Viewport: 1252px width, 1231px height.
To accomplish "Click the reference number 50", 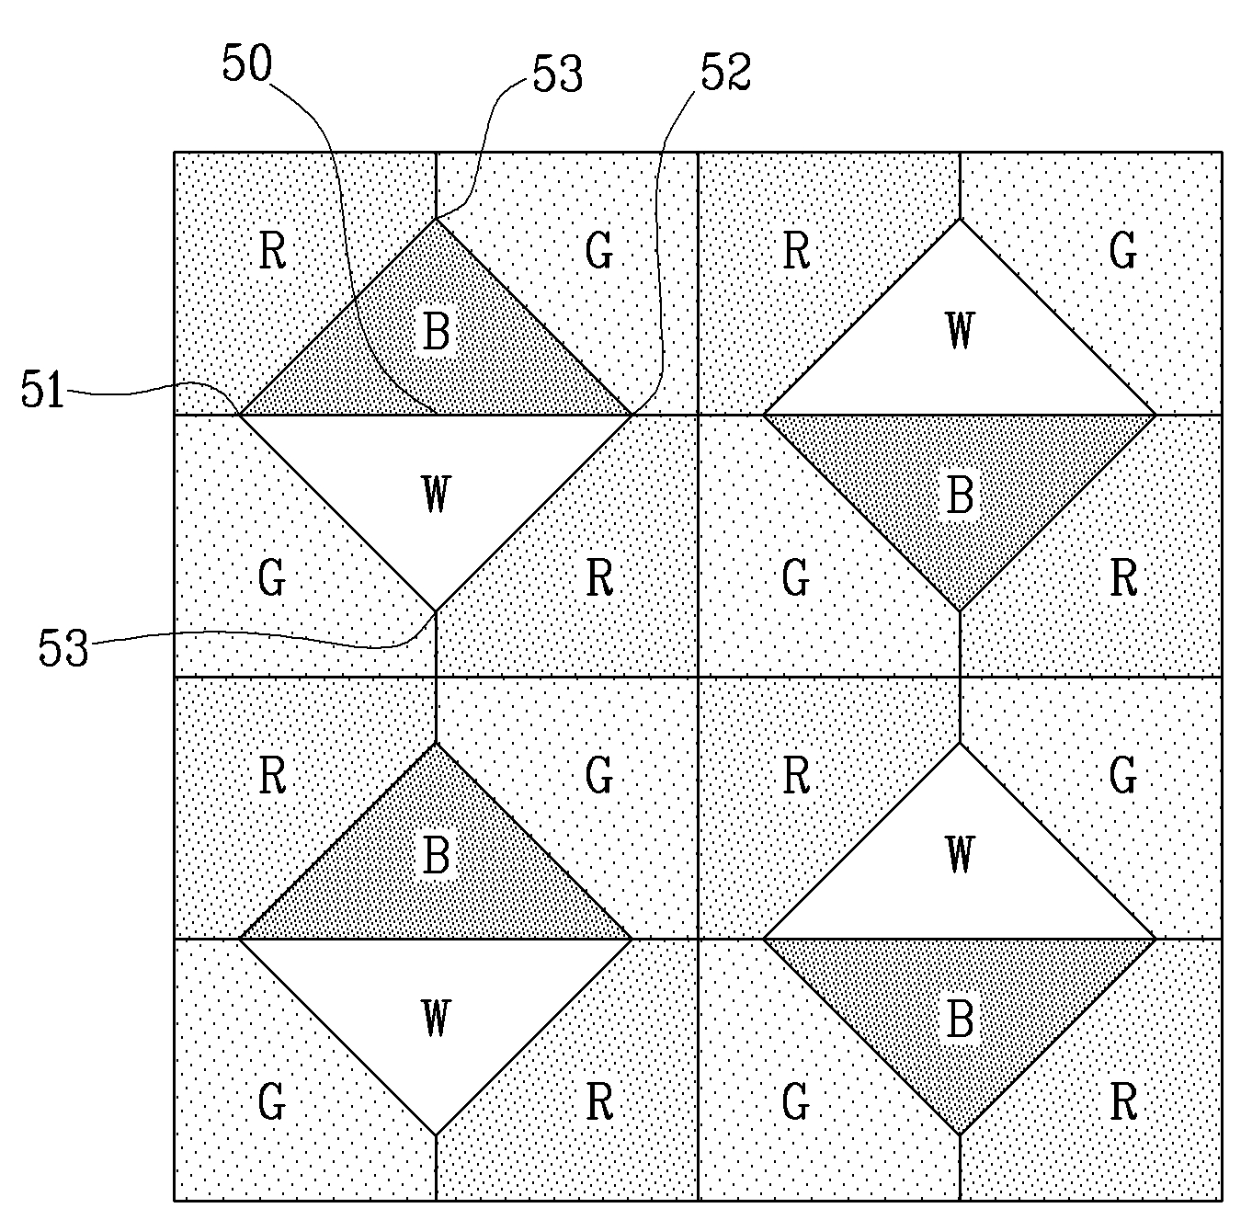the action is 247,63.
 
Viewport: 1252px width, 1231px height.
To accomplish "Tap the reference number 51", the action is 43,389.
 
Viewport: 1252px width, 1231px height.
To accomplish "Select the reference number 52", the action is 725,72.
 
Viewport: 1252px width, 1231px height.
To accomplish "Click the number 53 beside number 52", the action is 557,74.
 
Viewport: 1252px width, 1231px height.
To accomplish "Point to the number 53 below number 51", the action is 63,647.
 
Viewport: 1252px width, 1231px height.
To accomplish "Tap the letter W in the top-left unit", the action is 436,494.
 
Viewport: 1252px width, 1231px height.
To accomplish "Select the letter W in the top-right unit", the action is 960,330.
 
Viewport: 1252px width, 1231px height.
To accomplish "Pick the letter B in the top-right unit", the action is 961,495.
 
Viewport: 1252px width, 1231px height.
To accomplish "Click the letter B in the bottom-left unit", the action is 436,855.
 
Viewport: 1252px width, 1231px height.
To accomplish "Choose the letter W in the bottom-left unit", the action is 436,1018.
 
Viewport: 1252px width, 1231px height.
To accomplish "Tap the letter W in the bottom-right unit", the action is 960,854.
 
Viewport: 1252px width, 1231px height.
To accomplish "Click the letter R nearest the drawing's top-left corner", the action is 272,251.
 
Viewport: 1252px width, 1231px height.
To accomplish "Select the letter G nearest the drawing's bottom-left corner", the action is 271,1101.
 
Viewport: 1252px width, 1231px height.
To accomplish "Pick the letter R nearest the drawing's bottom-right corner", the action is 1124,1101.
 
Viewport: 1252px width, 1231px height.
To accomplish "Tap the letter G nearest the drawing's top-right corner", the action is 1122,250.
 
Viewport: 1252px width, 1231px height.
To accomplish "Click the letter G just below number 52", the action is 598,250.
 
